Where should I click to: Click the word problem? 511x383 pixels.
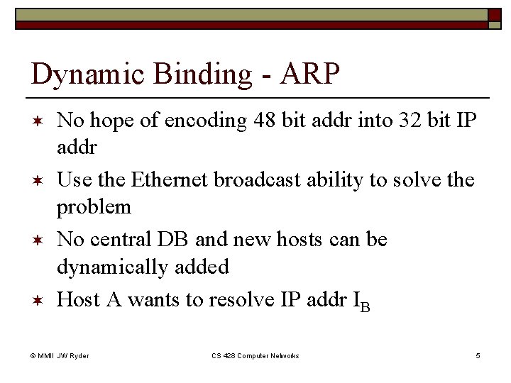click(94, 209)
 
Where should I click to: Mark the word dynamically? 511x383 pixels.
click(113, 268)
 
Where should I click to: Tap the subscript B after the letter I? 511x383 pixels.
click(365, 305)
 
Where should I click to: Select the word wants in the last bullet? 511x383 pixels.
click(154, 299)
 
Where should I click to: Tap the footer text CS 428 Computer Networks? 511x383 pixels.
click(255, 355)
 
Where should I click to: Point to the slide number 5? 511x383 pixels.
click(478, 355)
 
